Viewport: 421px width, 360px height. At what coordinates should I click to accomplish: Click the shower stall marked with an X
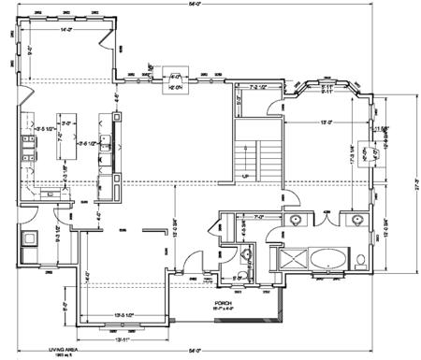(x=289, y=258)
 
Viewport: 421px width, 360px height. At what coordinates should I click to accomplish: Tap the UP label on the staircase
(x=245, y=175)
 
